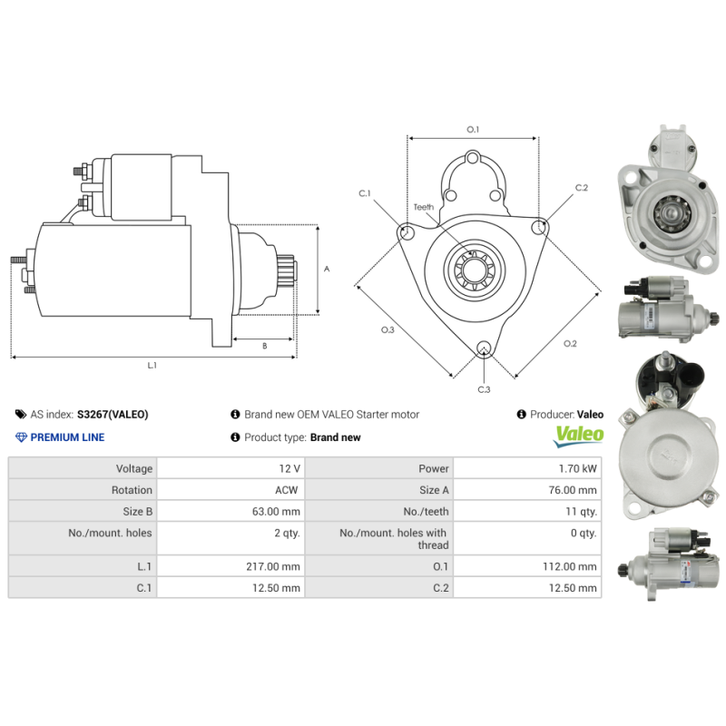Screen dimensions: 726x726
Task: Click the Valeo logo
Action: coord(578,435)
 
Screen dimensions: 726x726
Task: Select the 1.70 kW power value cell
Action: coord(577,469)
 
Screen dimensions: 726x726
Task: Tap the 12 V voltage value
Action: coord(289,469)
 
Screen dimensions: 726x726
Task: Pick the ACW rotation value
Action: coord(286,490)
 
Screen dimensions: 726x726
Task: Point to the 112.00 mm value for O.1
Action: coord(574,566)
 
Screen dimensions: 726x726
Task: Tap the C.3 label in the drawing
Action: coord(484,389)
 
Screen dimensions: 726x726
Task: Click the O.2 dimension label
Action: coord(570,343)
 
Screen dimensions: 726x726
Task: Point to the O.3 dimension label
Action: coord(388,329)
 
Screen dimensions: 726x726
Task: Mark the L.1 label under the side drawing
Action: coord(152,365)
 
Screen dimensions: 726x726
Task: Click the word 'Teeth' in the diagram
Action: coord(424,208)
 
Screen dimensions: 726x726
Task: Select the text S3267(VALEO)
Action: coord(113,415)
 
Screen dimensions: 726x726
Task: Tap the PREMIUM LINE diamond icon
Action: coord(22,437)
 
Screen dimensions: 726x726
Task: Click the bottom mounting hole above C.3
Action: coord(484,348)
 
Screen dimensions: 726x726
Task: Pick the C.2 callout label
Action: coord(582,188)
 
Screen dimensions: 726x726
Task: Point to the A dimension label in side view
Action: coord(327,270)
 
